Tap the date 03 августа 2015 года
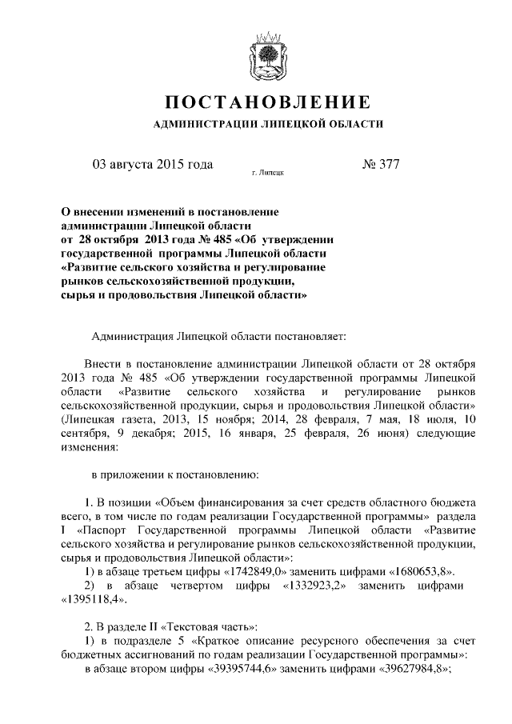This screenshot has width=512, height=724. pos(153,165)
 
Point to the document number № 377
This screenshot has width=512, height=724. pos(381,165)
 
